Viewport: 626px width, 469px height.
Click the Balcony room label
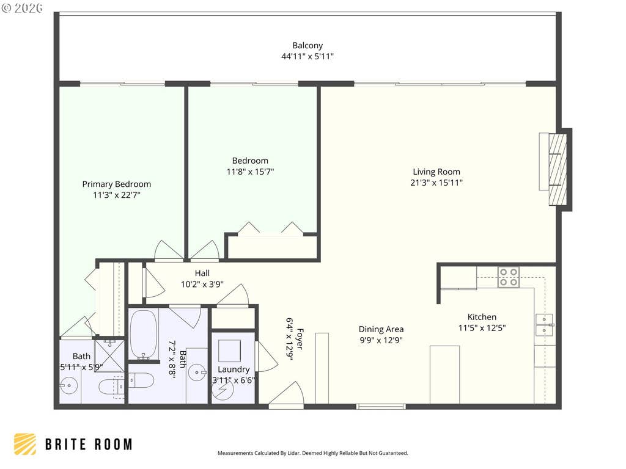(307, 45)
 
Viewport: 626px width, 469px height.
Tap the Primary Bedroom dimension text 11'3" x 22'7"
(117, 195)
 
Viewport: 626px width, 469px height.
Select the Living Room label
(436, 172)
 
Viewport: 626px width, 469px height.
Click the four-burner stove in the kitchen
(508, 277)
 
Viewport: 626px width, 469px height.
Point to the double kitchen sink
(544, 325)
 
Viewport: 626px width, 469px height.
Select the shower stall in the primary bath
(109, 355)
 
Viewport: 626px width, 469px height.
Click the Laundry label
(234, 369)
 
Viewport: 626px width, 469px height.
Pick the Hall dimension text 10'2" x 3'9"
(202, 285)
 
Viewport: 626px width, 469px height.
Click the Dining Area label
(381, 329)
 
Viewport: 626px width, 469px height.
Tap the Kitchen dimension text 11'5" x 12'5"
(482, 328)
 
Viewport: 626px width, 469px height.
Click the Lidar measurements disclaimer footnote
(312, 453)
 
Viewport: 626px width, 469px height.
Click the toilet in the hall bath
(141, 380)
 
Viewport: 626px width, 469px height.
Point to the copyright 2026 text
(22, 8)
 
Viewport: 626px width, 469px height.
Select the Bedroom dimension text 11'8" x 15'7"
(250, 172)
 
